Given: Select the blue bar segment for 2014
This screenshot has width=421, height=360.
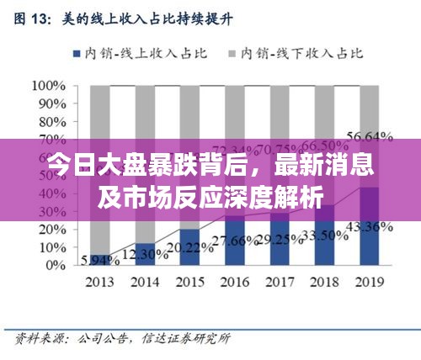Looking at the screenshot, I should [145, 254].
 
